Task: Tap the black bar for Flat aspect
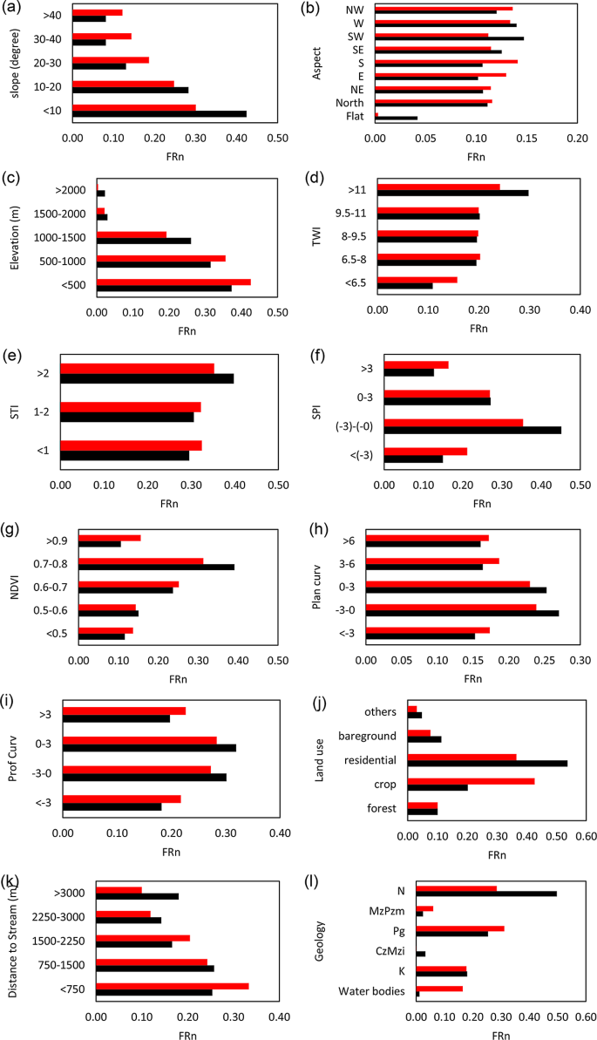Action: point(396,118)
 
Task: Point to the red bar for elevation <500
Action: point(173,282)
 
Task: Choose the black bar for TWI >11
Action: point(452,193)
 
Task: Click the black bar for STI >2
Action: point(146,378)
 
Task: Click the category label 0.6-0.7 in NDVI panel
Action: point(55,586)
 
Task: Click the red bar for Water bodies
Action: point(439,989)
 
